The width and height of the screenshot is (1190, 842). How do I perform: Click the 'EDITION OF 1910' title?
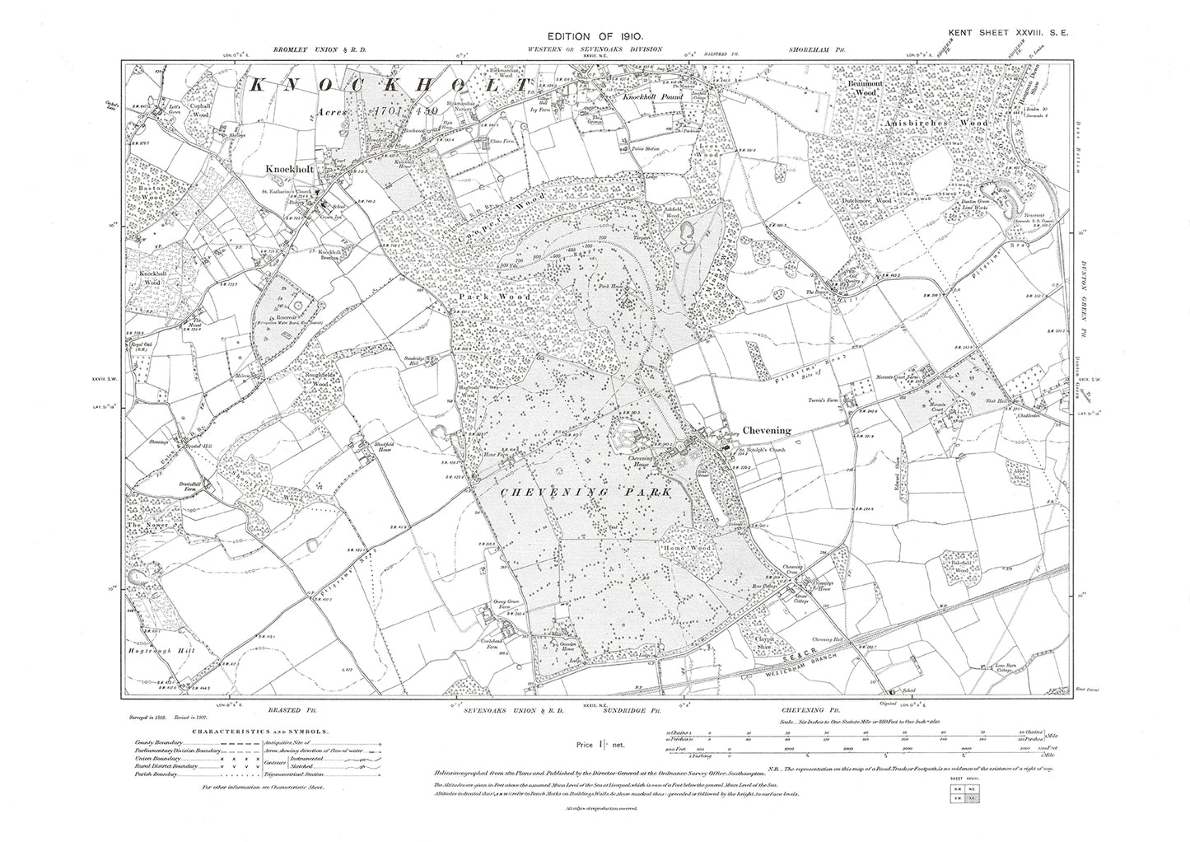(x=595, y=38)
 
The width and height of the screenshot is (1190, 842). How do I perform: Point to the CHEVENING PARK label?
(x=586, y=492)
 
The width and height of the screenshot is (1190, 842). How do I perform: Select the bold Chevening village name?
(x=766, y=430)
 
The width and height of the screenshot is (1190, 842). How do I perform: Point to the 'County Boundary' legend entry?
(x=159, y=743)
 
